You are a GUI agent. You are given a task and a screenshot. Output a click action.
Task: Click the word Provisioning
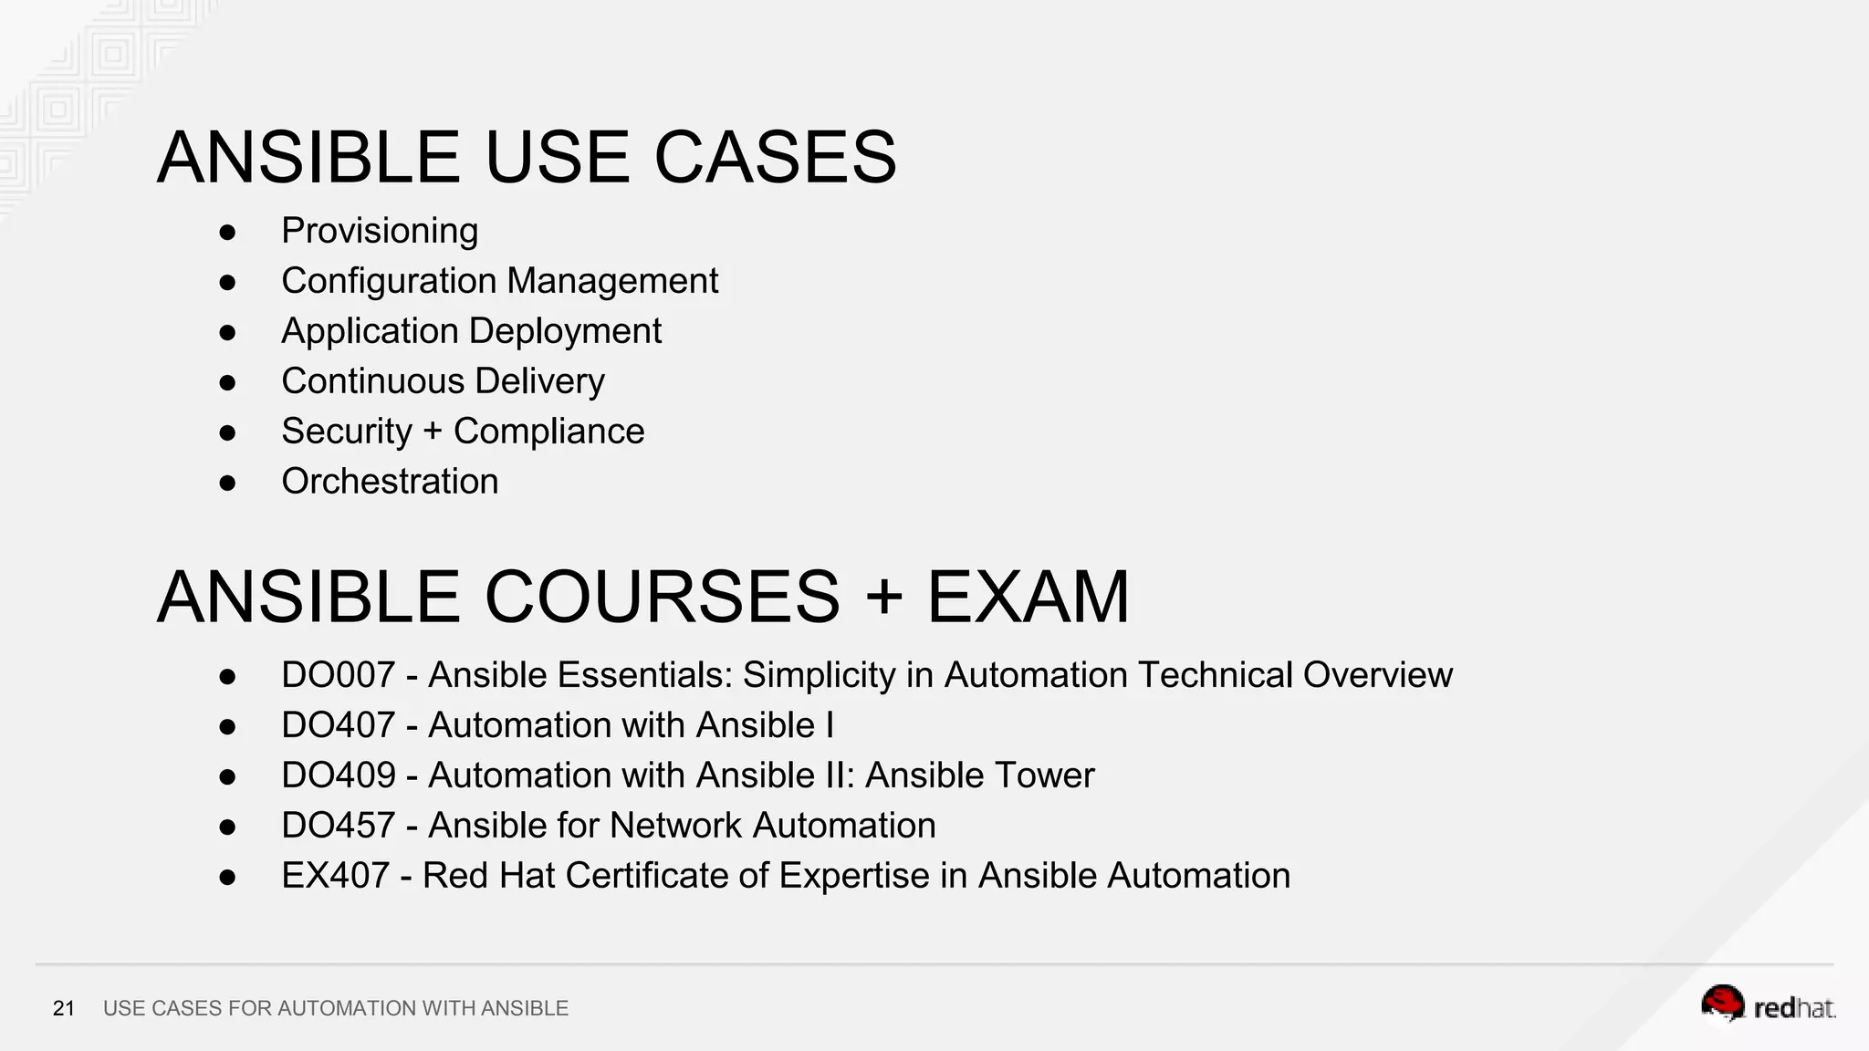[380, 232]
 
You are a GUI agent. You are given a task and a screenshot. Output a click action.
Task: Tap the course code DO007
[338, 675]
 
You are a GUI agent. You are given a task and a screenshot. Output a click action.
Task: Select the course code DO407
[338, 725]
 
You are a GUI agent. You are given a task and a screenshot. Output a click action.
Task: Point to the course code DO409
[338, 775]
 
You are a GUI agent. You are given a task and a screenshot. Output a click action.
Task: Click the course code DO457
[338, 826]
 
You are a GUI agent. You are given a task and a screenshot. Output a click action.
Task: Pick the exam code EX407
[335, 876]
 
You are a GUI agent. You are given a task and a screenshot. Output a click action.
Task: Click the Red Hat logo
[1768, 1005]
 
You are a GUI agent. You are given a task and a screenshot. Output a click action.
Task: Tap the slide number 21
[64, 1008]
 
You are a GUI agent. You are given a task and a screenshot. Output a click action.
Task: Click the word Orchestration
[390, 482]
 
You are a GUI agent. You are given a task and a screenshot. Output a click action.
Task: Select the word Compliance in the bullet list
[548, 432]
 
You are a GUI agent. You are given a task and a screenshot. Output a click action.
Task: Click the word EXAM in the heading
[1028, 598]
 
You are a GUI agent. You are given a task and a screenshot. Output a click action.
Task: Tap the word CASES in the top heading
[775, 158]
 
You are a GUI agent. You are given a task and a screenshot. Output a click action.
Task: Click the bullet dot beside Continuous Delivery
[227, 382]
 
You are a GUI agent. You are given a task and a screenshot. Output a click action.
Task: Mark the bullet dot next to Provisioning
[227, 233]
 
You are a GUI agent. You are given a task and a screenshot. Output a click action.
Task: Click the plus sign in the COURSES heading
[882, 598]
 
